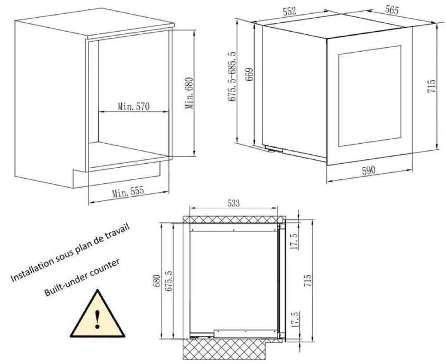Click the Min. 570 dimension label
click(x=133, y=107)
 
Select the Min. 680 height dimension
click(x=189, y=93)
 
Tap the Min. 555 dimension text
click(x=128, y=192)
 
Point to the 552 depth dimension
click(x=289, y=11)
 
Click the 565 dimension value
click(x=392, y=9)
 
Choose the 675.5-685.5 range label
click(x=231, y=76)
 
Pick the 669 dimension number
click(x=249, y=74)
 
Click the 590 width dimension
click(x=368, y=170)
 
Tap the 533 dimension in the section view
click(x=233, y=203)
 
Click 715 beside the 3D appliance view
click(x=431, y=86)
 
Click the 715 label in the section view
click(x=307, y=281)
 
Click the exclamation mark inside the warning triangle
click(x=98, y=319)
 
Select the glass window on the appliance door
click(x=370, y=96)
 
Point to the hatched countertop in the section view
click(x=234, y=219)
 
